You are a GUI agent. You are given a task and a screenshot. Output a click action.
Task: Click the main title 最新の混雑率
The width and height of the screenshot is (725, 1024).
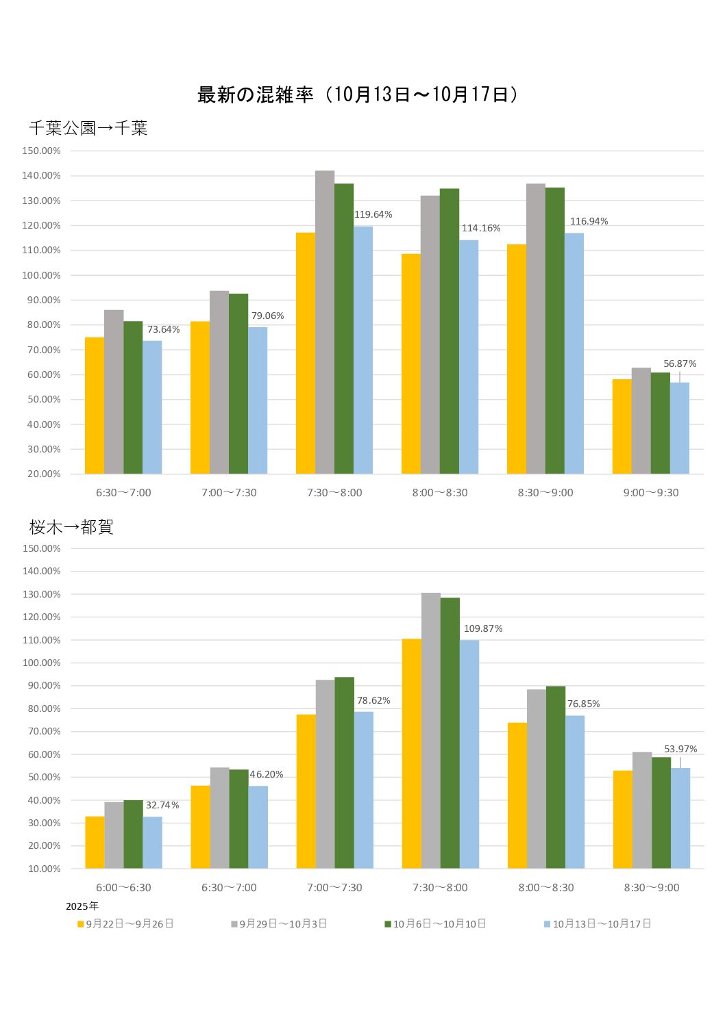click(x=255, y=94)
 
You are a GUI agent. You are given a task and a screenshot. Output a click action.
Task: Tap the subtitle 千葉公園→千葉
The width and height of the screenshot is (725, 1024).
click(x=88, y=128)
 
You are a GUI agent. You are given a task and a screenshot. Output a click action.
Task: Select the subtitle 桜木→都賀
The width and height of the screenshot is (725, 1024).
click(x=71, y=527)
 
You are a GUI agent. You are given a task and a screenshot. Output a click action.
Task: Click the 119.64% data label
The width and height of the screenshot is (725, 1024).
click(x=373, y=215)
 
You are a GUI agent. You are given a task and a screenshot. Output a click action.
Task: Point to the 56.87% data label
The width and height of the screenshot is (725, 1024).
click(x=679, y=364)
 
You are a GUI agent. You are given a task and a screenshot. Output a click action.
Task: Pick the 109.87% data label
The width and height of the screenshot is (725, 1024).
click(x=483, y=629)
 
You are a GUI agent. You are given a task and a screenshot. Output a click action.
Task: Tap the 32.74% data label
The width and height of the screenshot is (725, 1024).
click(x=162, y=806)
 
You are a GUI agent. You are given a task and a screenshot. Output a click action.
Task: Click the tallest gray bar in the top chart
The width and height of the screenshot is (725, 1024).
click(x=325, y=322)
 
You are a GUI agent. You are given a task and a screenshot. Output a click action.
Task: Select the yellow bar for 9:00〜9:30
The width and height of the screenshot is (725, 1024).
click(x=622, y=426)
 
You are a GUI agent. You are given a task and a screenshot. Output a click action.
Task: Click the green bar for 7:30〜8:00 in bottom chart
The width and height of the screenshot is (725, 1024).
click(x=450, y=732)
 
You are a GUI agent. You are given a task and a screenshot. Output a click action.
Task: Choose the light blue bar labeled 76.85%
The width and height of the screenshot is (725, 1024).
click(x=575, y=792)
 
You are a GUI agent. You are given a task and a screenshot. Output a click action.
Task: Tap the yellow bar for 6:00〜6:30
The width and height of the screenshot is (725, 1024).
click(x=95, y=843)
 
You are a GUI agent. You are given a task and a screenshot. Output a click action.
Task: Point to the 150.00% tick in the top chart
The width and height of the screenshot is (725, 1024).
click(x=42, y=151)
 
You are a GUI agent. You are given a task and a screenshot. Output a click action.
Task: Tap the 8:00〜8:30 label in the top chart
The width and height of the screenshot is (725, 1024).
click(x=440, y=493)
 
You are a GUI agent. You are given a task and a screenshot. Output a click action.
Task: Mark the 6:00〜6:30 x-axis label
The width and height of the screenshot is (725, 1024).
click(x=123, y=888)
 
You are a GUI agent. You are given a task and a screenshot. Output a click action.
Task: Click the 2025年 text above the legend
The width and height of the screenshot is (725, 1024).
click(x=82, y=906)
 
